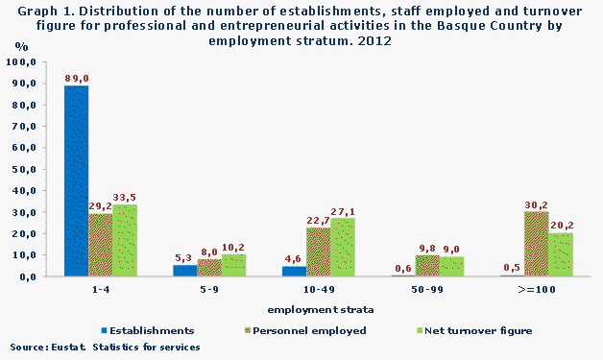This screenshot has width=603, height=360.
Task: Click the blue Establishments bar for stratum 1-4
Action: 76,180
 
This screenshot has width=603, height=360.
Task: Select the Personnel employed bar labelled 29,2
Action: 100,245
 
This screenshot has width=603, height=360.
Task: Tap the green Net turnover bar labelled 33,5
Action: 125,240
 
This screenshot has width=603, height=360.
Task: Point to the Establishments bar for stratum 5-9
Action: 184,271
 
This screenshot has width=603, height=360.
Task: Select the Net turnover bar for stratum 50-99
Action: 451,267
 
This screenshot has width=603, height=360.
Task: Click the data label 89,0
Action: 77,78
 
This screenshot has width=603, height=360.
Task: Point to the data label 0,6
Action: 402,268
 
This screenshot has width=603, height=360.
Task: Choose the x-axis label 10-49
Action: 318,288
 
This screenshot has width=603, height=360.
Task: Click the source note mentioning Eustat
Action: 106,347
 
